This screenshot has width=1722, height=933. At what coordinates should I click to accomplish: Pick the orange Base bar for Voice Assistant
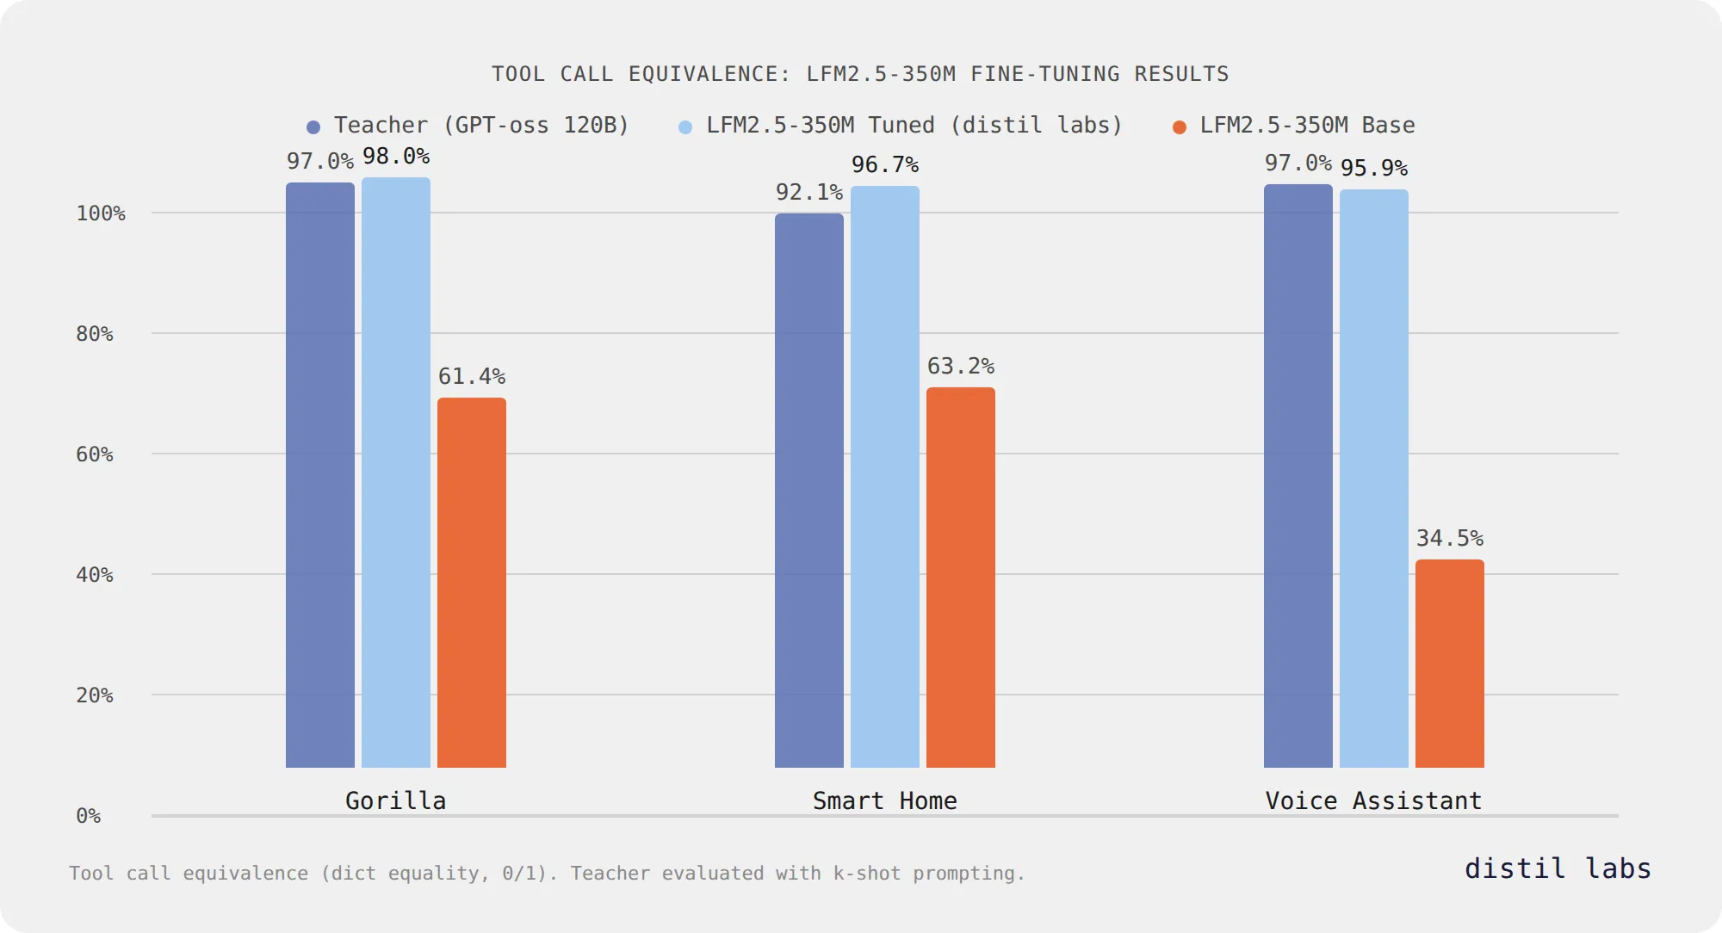pyautogui.click(x=1449, y=664)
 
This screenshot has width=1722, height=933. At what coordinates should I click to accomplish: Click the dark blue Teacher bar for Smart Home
pyautogui.click(x=808, y=491)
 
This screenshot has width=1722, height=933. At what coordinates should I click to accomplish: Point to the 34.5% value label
pyautogui.click(x=1449, y=539)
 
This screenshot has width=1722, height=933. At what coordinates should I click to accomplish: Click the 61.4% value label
pyautogui.click(x=471, y=377)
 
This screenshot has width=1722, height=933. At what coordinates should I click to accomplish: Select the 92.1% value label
pyautogui.click(x=808, y=193)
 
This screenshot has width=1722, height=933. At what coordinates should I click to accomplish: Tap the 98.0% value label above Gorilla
pyautogui.click(x=395, y=157)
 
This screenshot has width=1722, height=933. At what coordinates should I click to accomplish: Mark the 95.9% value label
pyautogui.click(x=1373, y=169)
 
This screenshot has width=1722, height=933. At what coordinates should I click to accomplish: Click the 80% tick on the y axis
pyautogui.click(x=95, y=334)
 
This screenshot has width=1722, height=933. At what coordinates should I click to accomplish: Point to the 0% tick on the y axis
pyautogui.click(x=89, y=816)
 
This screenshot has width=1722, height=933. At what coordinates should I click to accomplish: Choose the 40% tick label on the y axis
pyautogui.click(x=95, y=575)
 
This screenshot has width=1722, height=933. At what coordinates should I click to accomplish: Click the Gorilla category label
pyautogui.click(x=395, y=801)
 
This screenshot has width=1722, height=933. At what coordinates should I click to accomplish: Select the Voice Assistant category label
pyautogui.click(x=1373, y=801)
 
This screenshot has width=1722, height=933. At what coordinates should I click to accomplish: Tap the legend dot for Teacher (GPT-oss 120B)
pyautogui.click(x=313, y=127)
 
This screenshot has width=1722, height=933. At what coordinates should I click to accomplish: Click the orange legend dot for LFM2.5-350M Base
pyautogui.click(x=1180, y=127)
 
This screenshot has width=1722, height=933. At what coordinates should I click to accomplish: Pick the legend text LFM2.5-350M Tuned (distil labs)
pyautogui.click(x=914, y=126)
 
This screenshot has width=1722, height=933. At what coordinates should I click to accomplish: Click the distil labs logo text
pyautogui.click(x=1558, y=868)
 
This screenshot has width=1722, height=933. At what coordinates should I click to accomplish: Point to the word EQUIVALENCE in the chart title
pyautogui.click(x=709, y=75)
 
